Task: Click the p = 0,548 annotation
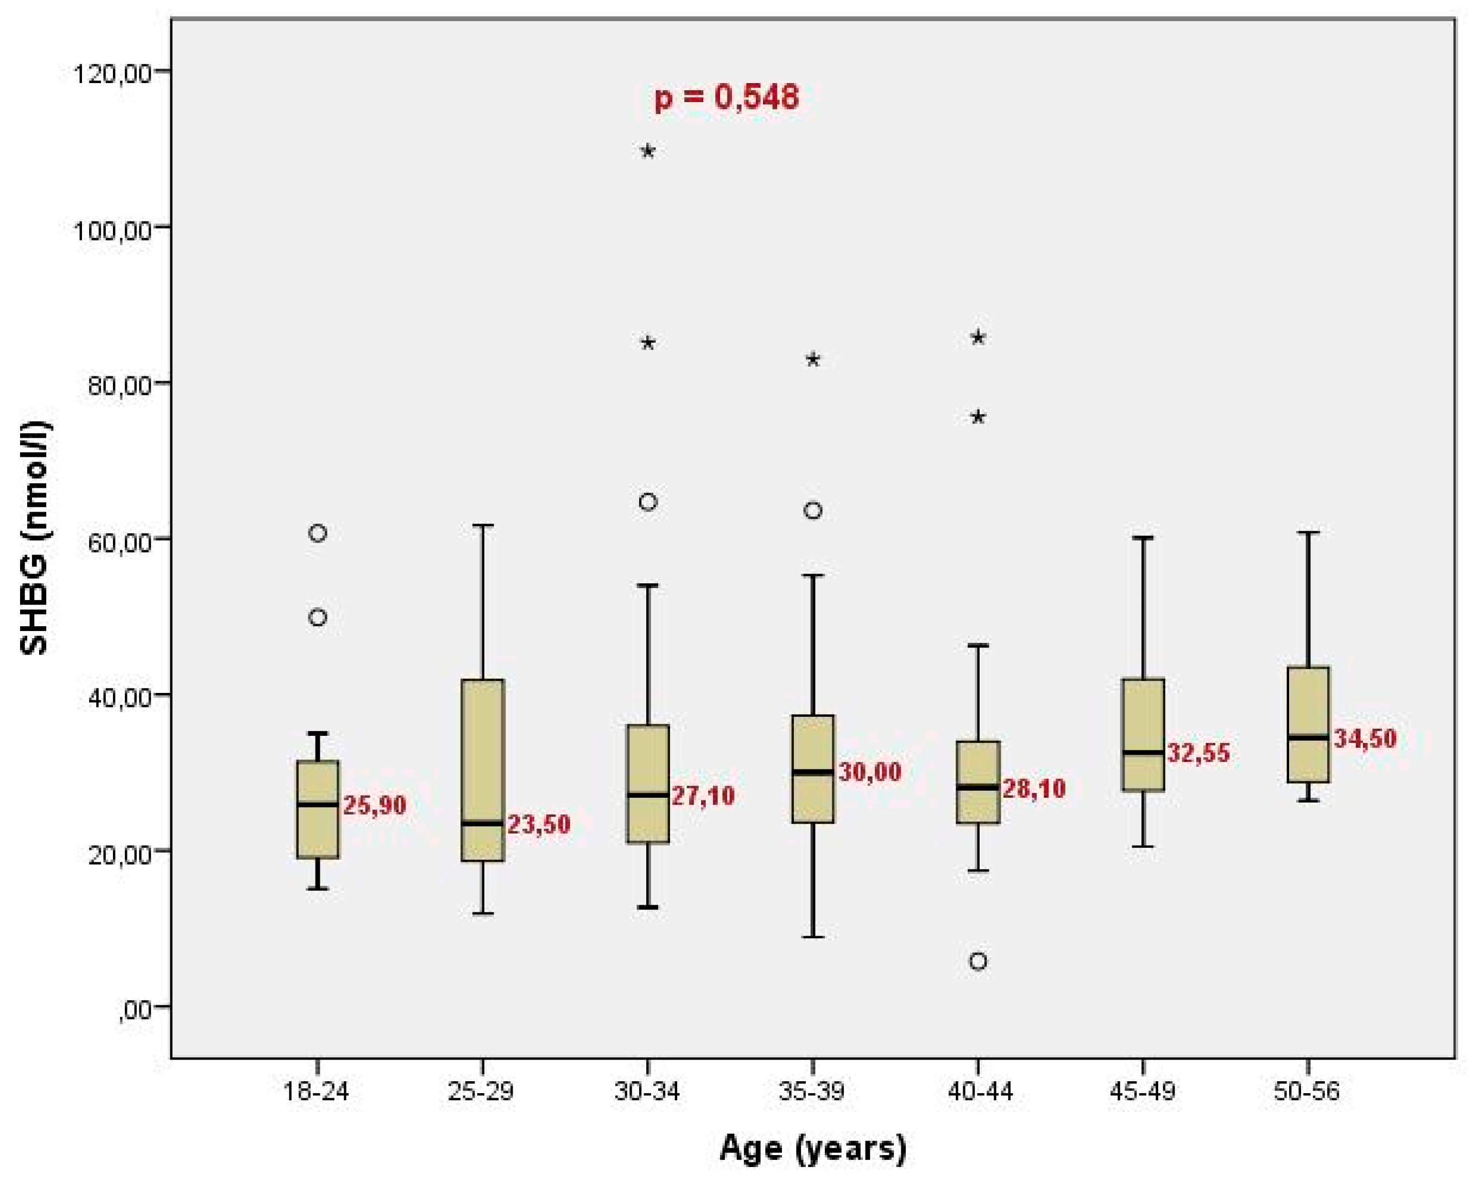[x=727, y=97]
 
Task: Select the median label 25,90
[x=374, y=805]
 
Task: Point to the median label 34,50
[x=1365, y=739]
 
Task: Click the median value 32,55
[x=1199, y=753]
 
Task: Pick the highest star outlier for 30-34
[x=647, y=151]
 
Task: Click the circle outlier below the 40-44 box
[x=978, y=961]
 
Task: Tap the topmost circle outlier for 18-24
[x=317, y=533]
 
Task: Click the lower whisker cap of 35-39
[x=813, y=937]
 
